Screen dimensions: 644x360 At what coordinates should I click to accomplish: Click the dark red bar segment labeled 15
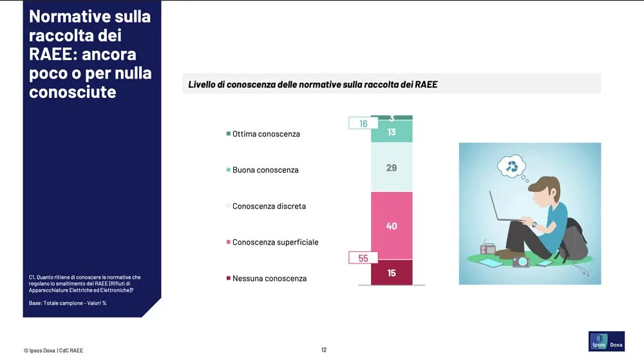click(392, 272)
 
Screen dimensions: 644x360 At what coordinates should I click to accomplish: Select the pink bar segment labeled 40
click(392, 226)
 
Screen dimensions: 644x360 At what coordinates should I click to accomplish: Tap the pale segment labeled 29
click(392, 167)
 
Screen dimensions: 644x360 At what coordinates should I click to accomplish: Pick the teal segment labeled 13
click(392, 131)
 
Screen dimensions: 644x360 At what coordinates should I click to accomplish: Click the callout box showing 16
click(363, 123)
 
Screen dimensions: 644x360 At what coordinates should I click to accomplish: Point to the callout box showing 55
click(363, 258)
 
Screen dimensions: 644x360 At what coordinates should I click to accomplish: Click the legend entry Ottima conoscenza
click(263, 134)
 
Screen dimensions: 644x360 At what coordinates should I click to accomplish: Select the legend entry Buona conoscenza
click(263, 170)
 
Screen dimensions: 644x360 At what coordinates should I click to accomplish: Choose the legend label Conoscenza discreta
click(269, 206)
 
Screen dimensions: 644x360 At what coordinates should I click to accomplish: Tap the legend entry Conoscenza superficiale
click(272, 242)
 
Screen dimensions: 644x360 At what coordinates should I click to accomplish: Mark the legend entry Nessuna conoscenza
click(267, 278)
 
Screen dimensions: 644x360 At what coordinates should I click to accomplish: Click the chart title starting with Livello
click(313, 84)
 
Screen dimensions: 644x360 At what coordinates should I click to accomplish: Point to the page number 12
click(324, 350)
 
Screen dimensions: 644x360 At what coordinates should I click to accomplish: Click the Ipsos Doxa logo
click(606, 341)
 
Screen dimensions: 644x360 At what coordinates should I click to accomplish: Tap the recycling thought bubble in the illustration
click(511, 166)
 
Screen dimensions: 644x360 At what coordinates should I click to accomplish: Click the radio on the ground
click(488, 248)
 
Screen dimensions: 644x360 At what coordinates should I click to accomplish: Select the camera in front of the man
click(521, 261)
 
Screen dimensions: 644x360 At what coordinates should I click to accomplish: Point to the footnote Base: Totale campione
click(68, 303)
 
